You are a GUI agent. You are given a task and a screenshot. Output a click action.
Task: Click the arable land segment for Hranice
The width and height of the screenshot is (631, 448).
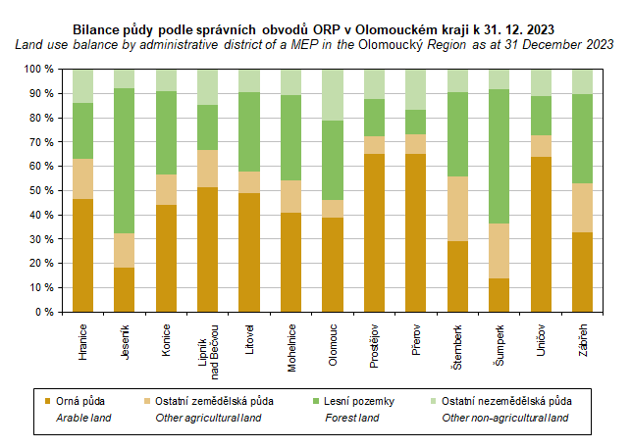[x=82, y=255]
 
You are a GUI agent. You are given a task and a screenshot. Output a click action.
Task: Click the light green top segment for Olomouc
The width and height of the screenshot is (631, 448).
[x=333, y=95]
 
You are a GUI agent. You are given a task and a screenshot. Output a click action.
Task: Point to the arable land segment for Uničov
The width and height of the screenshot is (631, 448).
[x=541, y=234]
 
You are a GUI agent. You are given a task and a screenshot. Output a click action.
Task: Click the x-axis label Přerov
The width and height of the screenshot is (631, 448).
[x=416, y=337]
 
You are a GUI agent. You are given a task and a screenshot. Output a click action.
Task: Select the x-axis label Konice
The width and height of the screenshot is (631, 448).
[x=167, y=337]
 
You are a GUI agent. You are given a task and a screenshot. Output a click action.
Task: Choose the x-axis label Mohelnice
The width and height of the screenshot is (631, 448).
[x=291, y=343]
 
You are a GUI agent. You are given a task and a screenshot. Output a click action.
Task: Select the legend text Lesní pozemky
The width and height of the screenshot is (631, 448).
[x=359, y=401]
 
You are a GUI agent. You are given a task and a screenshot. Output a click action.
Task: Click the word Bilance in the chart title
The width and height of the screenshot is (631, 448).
[x=97, y=28]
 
